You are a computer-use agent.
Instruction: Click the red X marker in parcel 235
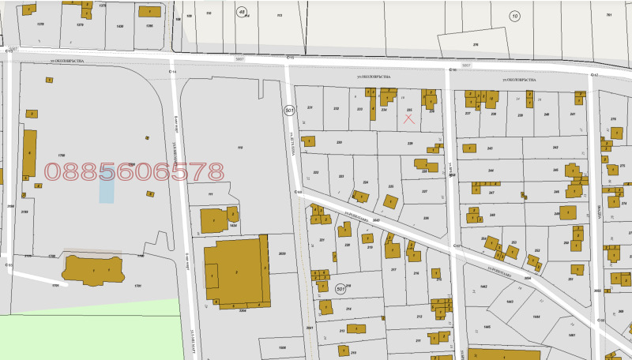(409, 119)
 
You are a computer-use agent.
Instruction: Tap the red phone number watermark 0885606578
(134, 171)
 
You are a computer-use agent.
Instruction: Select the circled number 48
(241, 11)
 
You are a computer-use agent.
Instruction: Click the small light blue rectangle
(106, 186)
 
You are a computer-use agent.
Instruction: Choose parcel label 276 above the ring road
(476, 45)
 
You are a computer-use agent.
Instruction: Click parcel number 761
(609, 15)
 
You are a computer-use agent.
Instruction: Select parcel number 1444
(536, 317)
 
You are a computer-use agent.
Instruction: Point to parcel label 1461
(571, 335)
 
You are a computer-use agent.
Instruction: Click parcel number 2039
(282, 253)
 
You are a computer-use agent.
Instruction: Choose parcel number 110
(239, 148)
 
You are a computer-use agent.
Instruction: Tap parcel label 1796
(60, 156)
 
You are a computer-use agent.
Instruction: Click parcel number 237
(468, 114)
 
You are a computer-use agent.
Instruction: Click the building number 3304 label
(243, 311)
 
